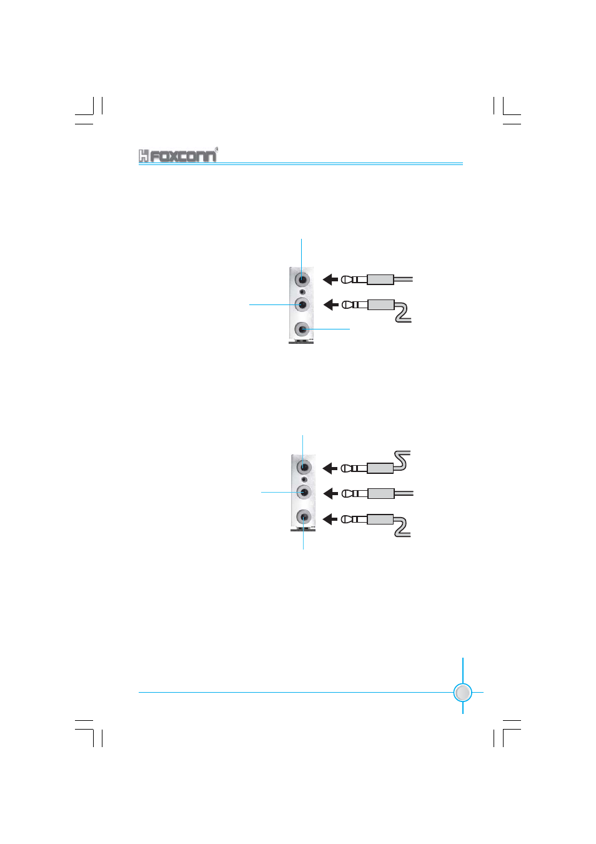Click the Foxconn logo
coord(177,156)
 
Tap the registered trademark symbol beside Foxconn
coord(216,149)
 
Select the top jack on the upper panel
coord(302,279)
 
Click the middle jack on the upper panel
coord(302,304)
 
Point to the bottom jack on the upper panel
coord(302,329)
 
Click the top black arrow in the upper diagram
coord(330,279)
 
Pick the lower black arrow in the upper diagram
coord(330,305)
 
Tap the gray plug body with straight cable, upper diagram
coord(380,279)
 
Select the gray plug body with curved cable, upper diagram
coord(380,305)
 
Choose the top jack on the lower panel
coord(304,467)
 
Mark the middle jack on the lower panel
coord(304,492)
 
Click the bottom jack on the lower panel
coord(304,517)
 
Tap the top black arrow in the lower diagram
coord(330,468)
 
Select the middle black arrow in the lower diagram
coord(330,494)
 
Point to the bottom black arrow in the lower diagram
coord(330,519)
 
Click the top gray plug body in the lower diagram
coord(380,468)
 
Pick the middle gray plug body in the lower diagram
coord(380,494)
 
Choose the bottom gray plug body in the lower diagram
coord(380,519)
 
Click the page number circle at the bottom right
coord(462,693)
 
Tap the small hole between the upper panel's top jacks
coord(302,292)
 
